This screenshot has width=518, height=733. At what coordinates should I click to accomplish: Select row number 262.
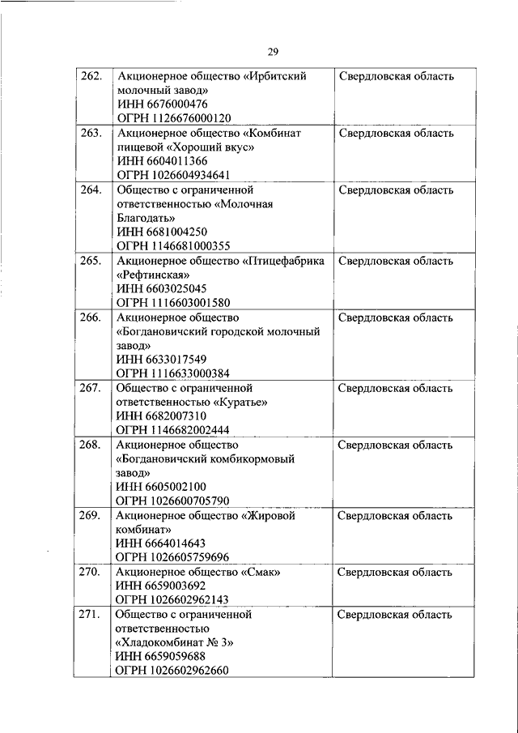(91, 76)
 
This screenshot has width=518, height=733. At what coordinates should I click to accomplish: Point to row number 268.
(91, 445)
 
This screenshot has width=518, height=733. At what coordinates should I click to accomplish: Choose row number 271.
(91, 615)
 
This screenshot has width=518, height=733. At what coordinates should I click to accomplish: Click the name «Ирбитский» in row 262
(274, 76)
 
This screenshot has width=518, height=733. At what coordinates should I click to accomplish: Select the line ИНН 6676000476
(163, 104)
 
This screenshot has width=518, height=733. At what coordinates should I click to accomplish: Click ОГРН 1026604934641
(173, 174)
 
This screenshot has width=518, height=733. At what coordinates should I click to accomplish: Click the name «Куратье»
(241, 402)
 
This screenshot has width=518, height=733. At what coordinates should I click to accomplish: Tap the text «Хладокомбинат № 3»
(174, 642)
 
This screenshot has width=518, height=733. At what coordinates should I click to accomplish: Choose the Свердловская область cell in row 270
(395, 572)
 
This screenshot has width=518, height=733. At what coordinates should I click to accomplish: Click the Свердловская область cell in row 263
(395, 133)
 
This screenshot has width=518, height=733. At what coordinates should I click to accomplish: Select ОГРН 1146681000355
(173, 245)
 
